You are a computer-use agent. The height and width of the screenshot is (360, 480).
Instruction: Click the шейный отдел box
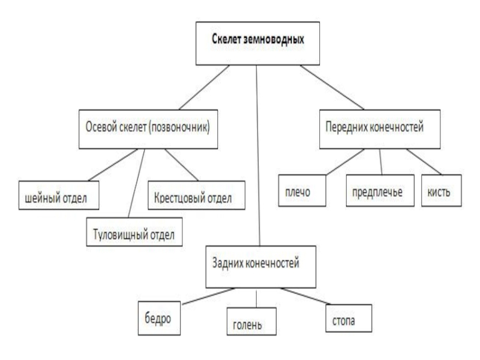57,195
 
